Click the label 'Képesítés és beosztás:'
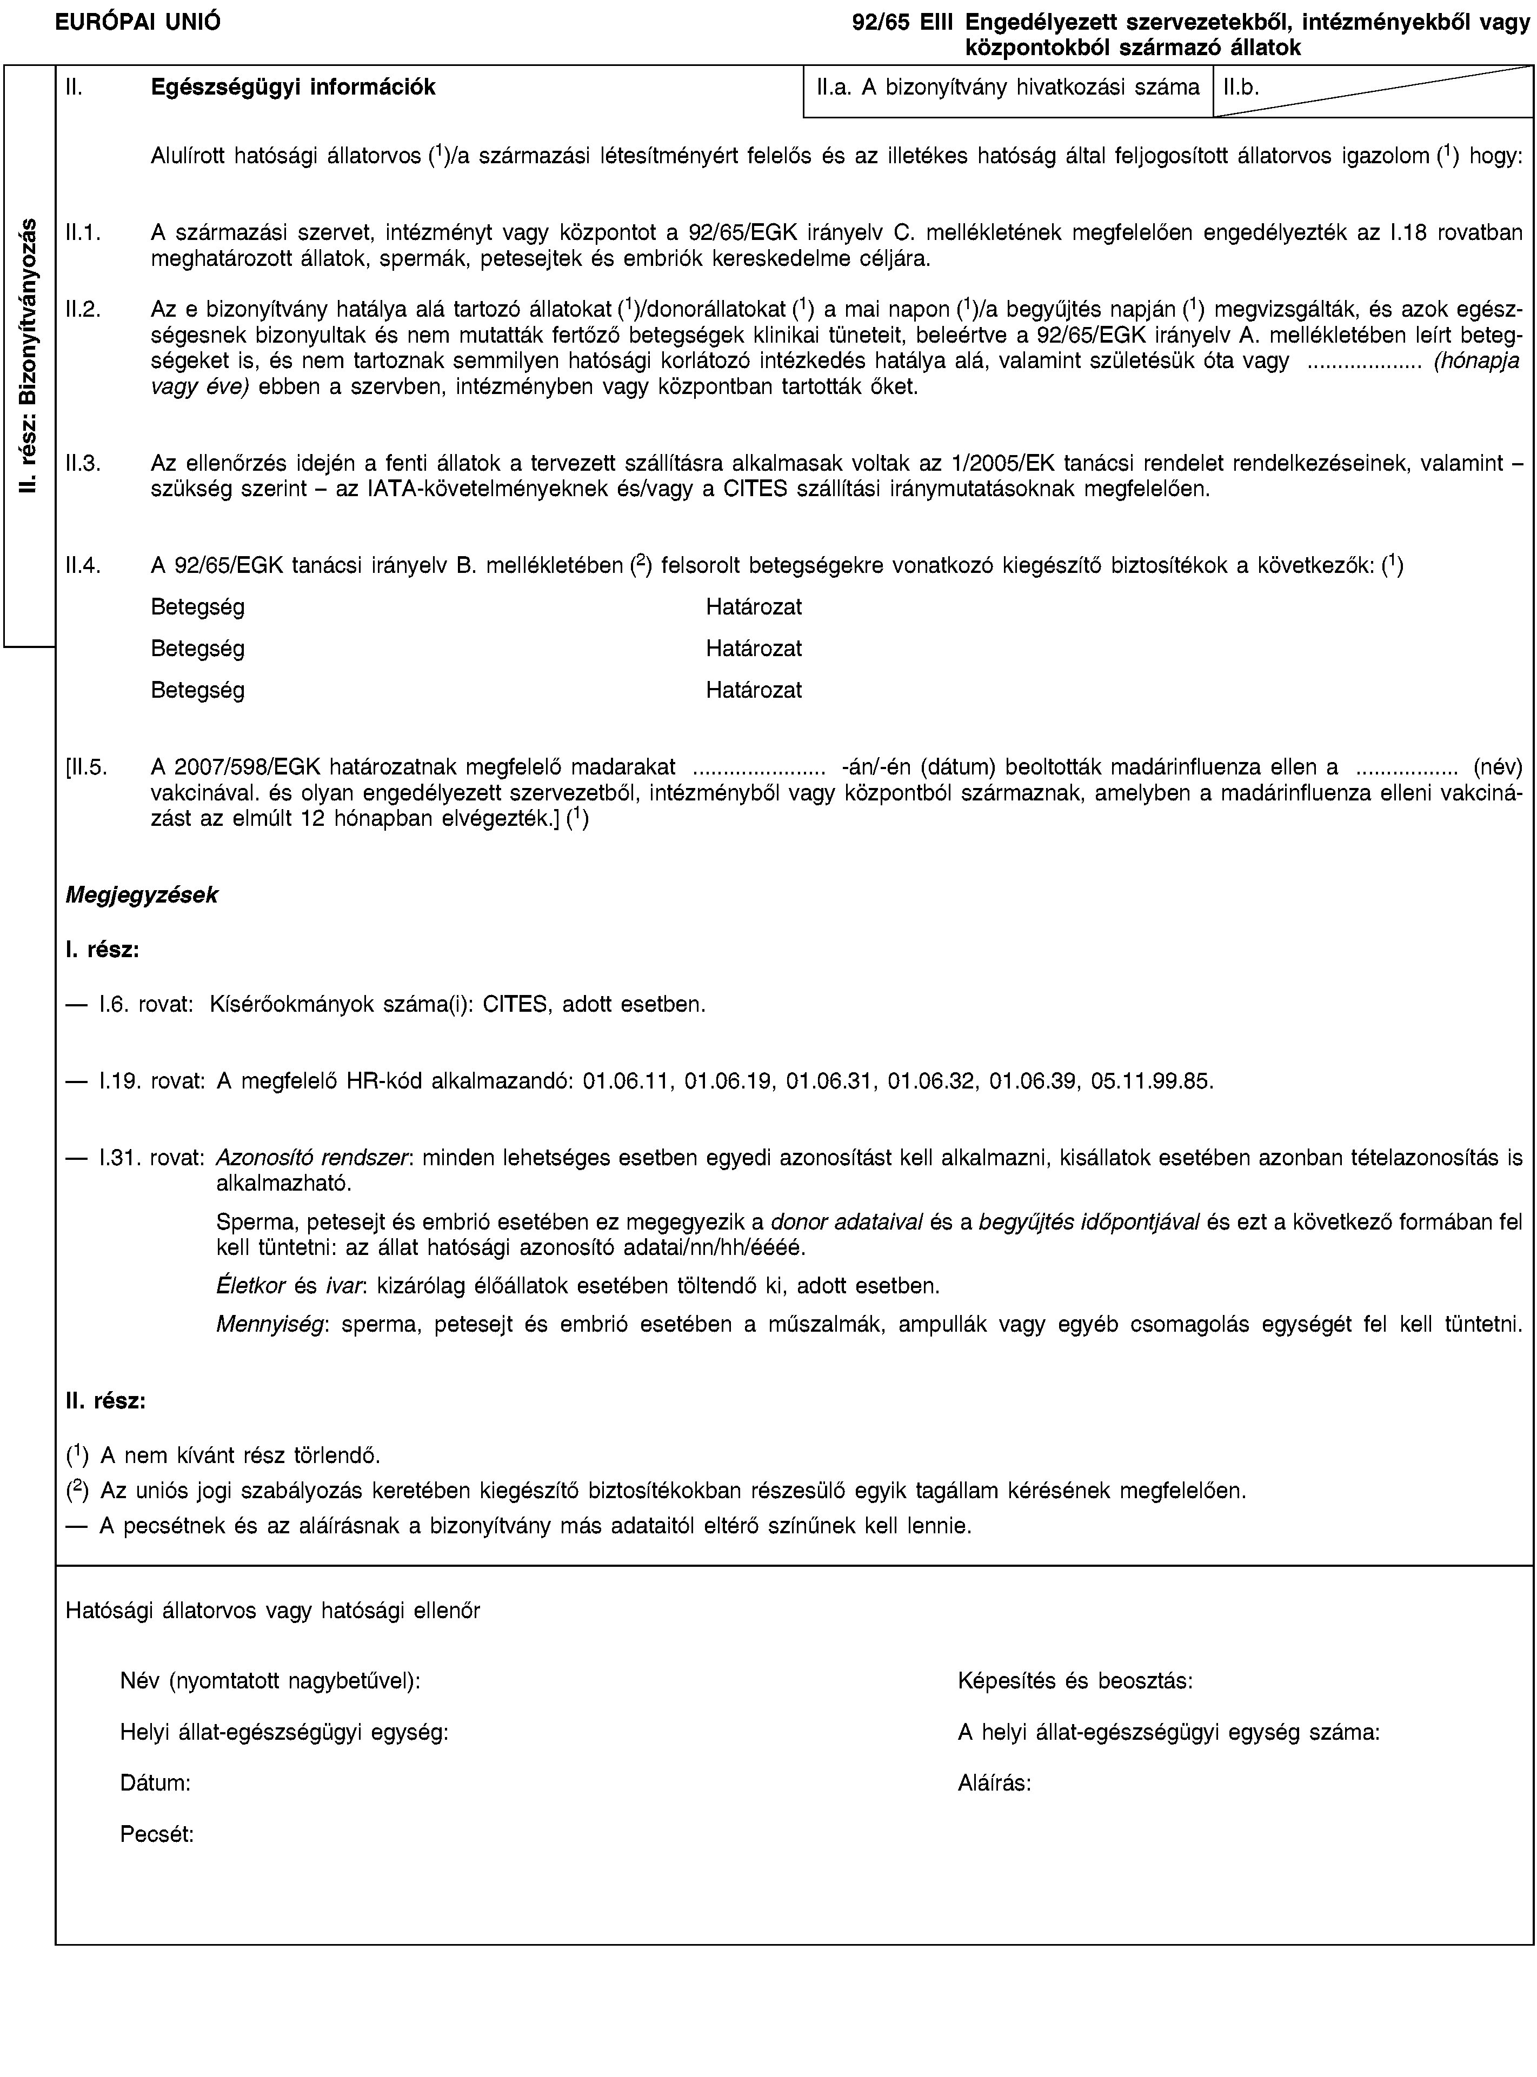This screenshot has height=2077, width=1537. [1075, 1681]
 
